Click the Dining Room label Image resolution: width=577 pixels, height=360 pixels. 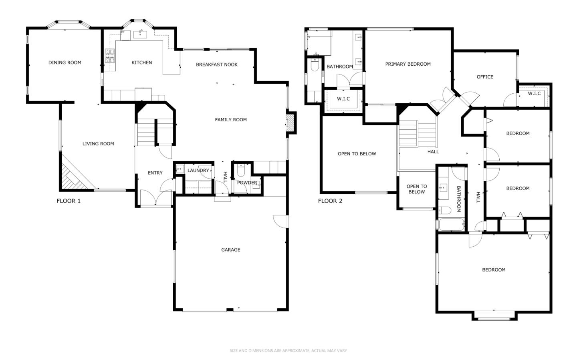pyautogui.click(x=65, y=62)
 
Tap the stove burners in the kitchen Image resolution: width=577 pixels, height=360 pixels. pyautogui.click(x=109, y=56)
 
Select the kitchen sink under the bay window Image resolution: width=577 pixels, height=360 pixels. pyautogui.click(x=140, y=34)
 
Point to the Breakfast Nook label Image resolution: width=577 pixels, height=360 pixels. pyautogui.click(x=217, y=64)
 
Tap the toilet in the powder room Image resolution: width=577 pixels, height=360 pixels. pyautogui.click(x=240, y=170)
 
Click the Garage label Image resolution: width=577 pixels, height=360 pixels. pyautogui.click(x=230, y=250)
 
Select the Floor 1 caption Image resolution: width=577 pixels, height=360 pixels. pyautogui.click(x=69, y=201)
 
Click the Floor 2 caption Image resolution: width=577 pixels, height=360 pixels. pyautogui.click(x=330, y=201)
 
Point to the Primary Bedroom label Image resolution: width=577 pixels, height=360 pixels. pyautogui.click(x=408, y=64)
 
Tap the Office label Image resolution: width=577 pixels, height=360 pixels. pyautogui.click(x=485, y=77)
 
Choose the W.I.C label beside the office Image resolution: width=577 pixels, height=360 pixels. pyautogui.click(x=534, y=93)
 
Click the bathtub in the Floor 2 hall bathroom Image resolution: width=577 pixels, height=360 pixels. pyautogui.click(x=452, y=225)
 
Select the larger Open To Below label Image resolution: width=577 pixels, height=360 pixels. pyautogui.click(x=357, y=154)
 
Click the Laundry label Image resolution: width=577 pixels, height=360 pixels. pyautogui.click(x=198, y=171)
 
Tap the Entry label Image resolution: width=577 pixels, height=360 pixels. pyautogui.click(x=155, y=173)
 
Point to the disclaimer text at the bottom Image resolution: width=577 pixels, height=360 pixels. pyautogui.click(x=288, y=351)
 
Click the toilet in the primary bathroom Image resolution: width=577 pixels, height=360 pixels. pyautogui.click(x=315, y=64)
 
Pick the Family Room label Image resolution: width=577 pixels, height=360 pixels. pyautogui.click(x=231, y=120)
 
